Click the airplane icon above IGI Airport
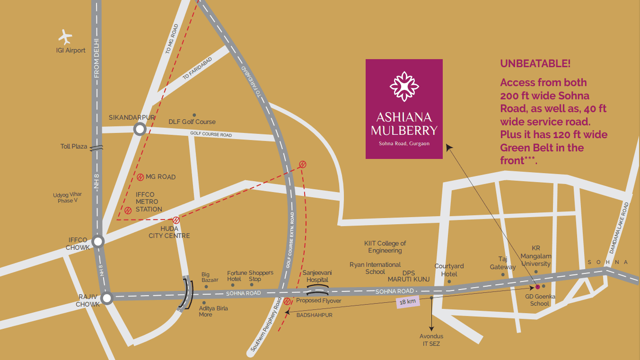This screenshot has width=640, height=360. [65, 36]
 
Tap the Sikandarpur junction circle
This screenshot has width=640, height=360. [140, 129]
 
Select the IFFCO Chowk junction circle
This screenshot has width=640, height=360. [98, 242]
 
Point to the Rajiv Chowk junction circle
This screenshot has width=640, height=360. [107, 298]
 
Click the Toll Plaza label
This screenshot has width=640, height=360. [74, 147]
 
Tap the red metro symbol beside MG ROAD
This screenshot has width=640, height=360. [140, 177]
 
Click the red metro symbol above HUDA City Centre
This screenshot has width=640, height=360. [176, 220]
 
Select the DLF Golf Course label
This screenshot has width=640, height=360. [192, 122]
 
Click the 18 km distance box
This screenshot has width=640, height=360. [407, 302]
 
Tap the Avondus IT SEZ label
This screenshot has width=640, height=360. [431, 340]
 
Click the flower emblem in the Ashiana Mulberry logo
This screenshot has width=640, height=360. [404, 86]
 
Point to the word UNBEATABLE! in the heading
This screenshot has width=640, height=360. [535, 63]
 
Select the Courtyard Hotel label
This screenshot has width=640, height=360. [449, 270]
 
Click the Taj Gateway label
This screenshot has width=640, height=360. [503, 263]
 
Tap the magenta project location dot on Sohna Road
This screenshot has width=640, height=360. [537, 287]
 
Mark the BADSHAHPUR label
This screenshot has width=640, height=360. [314, 315]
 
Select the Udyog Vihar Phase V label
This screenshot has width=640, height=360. [66, 198]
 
